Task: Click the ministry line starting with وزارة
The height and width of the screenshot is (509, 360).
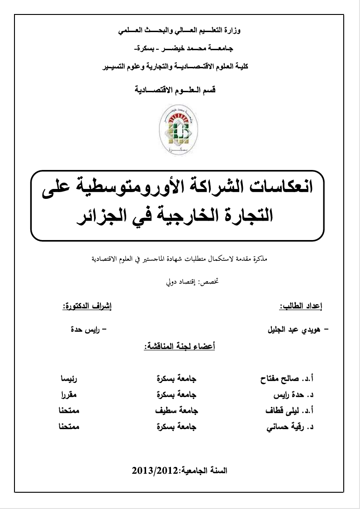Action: click(x=180, y=31)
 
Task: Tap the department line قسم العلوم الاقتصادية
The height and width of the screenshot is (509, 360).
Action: click(x=177, y=89)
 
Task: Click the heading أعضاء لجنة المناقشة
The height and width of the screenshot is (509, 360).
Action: click(x=179, y=347)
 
